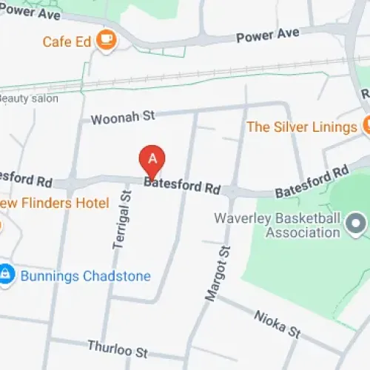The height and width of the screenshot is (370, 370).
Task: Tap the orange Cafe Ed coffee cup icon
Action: [107, 40]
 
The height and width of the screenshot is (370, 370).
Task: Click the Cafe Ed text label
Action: [67, 41]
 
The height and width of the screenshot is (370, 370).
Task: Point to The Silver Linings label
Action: [301, 127]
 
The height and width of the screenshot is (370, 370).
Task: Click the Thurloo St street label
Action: [118, 346]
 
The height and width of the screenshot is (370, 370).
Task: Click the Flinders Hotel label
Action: [55, 203]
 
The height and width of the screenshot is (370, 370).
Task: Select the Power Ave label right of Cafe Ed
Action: [267, 35]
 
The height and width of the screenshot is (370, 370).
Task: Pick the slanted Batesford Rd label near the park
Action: [312, 182]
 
